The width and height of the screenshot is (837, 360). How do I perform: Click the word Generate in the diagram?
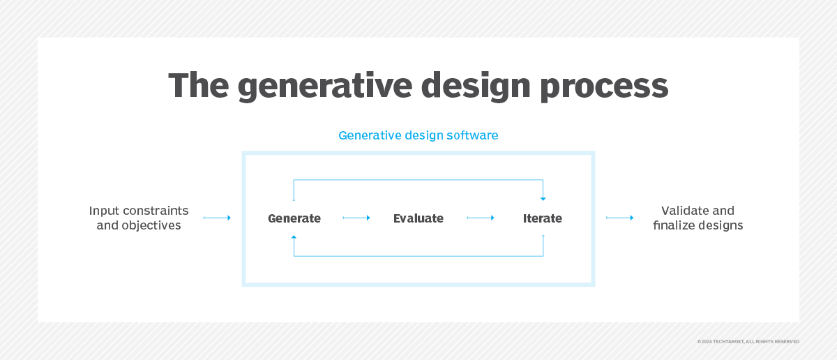click(x=294, y=218)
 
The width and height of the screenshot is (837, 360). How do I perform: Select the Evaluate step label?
click(x=418, y=218)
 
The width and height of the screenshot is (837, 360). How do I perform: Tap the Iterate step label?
click(x=542, y=218)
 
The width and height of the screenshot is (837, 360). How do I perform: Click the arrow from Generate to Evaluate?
click(x=356, y=218)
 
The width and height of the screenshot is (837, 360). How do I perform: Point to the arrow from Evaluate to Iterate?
click(x=481, y=218)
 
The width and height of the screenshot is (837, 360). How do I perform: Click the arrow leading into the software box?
click(x=217, y=218)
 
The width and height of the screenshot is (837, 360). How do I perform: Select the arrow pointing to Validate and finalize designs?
click(x=620, y=218)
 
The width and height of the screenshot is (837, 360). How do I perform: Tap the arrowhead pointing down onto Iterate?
click(x=543, y=199)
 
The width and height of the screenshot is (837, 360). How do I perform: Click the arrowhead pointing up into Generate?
click(x=294, y=237)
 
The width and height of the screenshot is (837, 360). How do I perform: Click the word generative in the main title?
click(x=325, y=87)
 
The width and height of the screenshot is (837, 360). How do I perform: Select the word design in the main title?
click(x=475, y=87)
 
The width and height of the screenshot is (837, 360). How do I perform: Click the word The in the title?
click(x=198, y=85)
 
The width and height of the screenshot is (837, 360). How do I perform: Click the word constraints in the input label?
click(x=156, y=211)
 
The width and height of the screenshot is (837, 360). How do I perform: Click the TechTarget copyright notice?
click(x=748, y=342)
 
